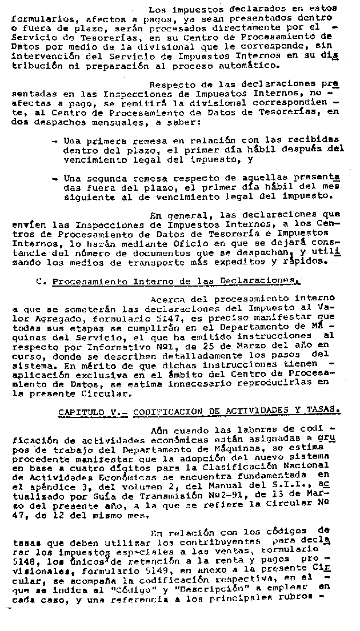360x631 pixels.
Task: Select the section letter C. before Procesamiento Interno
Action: pyautogui.click(x=39, y=281)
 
